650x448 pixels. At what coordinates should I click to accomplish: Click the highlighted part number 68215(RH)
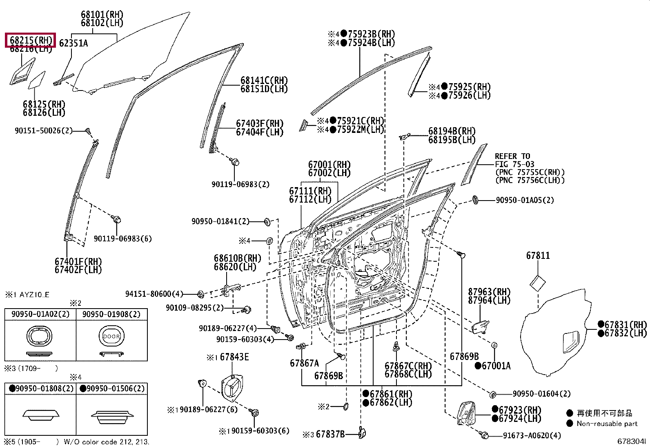[30, 40]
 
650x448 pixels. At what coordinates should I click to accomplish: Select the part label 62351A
[73, 43]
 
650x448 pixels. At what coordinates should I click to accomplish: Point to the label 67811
[538, 256]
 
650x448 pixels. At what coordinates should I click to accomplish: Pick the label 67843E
[234, 357]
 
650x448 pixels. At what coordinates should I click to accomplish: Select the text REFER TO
[512, 156]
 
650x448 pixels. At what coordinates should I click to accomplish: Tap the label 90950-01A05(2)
[525, 200]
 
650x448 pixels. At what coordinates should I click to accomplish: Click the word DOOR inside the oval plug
[111, 337]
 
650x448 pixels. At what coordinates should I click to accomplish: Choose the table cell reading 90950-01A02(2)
[40, 314]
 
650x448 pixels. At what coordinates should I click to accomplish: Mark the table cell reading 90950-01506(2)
[112, 388]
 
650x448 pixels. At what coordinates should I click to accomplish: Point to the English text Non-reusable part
[607, 424]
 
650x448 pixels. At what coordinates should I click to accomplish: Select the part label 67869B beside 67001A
[464, 357]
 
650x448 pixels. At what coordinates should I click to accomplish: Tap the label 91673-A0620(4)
[532, 435]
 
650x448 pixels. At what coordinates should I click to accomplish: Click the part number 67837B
[330, 434]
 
